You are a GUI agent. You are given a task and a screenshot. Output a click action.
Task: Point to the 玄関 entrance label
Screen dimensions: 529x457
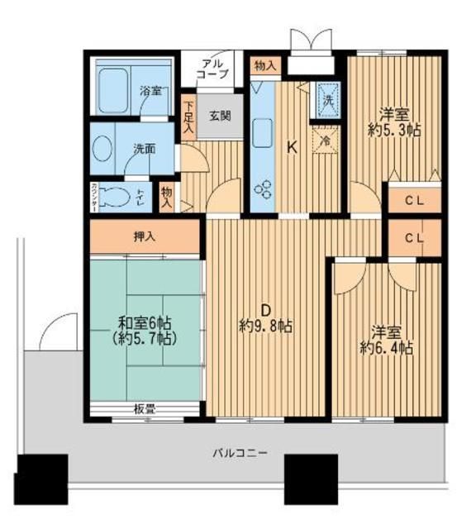(x=220, y=115)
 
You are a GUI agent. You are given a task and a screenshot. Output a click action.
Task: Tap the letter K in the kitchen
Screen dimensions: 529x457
(x=291, y=148)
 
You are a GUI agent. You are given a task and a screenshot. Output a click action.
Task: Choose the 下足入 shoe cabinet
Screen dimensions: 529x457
(x=188, y=117)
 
